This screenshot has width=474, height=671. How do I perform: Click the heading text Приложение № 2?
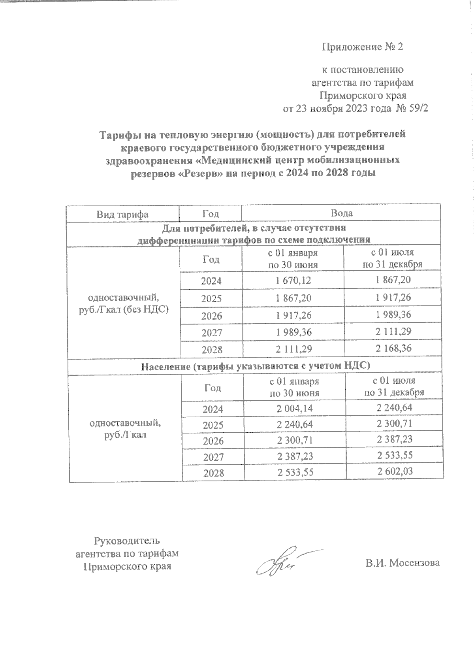[363, 47]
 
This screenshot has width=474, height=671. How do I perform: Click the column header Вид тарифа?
[122, 214]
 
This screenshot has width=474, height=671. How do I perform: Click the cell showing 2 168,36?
[393, 348]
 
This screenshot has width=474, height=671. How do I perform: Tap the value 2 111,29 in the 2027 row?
[393, 331]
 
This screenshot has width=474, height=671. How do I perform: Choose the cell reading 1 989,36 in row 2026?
[393, 315]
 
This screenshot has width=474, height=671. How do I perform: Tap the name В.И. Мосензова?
[402, 563]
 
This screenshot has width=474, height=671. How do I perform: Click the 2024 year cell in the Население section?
[213, 409]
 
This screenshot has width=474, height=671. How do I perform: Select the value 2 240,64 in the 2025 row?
[295, 424]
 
